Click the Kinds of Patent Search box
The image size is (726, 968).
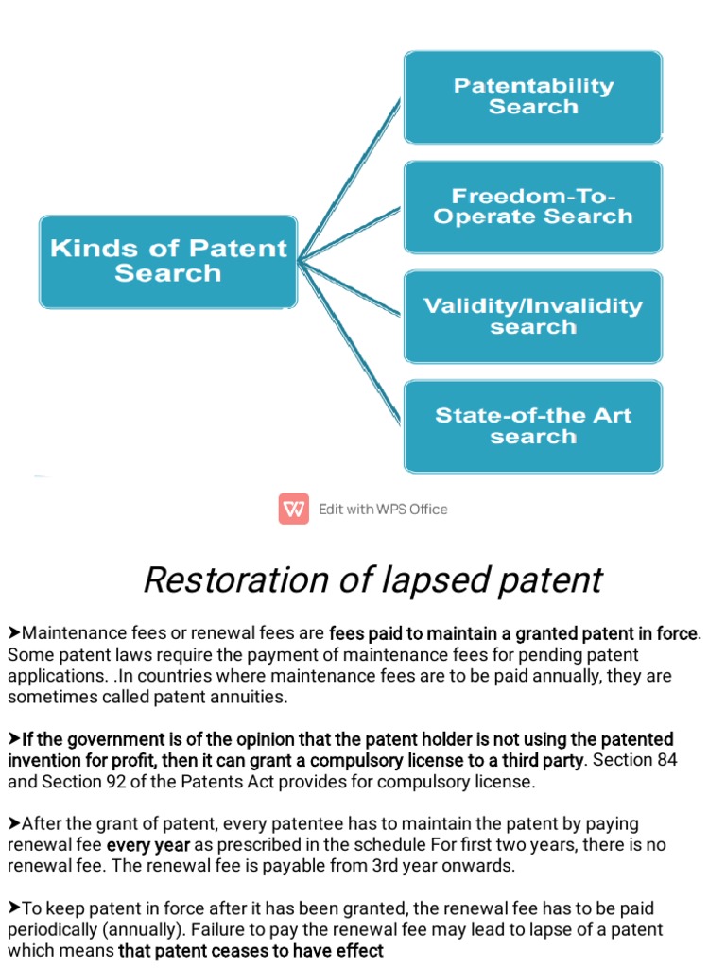tap(168, 261)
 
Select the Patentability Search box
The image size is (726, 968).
tap(533, 96)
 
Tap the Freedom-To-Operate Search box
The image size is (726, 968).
tap(533, 206)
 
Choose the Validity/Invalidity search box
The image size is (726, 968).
tap(533, 316)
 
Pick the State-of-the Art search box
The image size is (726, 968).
tap(533, 425)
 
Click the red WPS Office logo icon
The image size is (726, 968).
tap(294, 509)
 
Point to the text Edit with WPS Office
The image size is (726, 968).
tap(383, 510)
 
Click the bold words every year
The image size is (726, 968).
tap(148, 844)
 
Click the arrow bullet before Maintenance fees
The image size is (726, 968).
tap(14, 631)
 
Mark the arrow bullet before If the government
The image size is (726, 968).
tap(14, 738)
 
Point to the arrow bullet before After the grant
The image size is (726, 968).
tap(14, 823)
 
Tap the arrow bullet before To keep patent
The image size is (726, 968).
tap(14, 908)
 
